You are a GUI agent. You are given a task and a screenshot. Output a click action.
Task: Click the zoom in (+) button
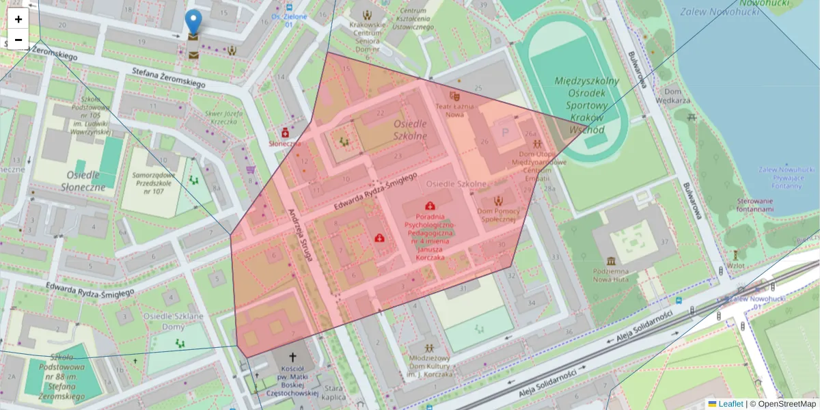(x=18, y=19)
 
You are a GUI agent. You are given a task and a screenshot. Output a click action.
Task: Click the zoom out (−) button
(x=18, y=40)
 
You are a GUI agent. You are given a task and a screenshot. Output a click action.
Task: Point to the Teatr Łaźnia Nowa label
(x=451, y=109)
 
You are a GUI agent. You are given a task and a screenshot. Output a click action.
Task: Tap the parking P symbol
(x=506, y=132)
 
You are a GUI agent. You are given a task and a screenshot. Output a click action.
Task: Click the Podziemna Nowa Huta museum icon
(x=610, y=262)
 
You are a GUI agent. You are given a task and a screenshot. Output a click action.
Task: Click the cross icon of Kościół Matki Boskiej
(x=294, y=357)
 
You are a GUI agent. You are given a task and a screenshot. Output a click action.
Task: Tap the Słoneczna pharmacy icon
(x=285, y=131)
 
